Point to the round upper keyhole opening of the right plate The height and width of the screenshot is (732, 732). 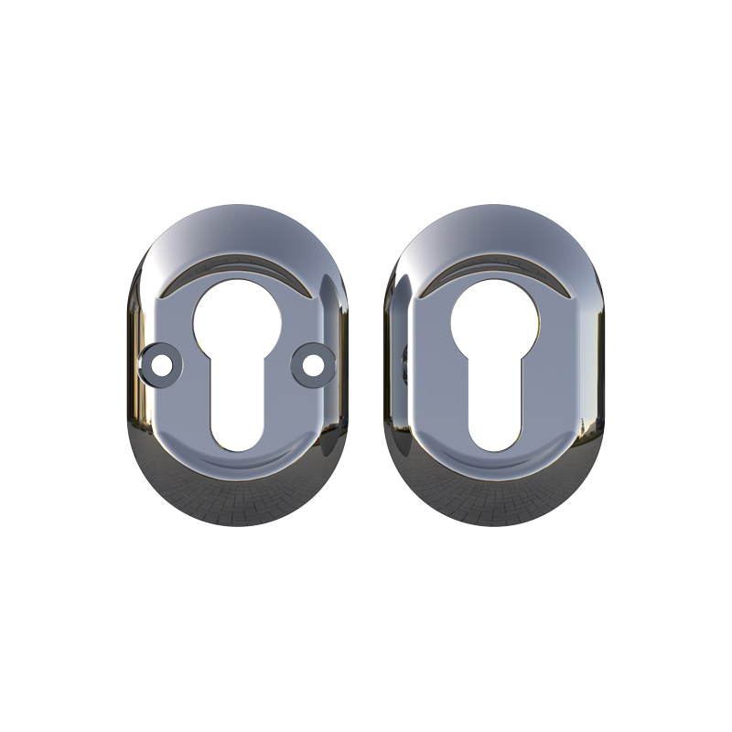495,322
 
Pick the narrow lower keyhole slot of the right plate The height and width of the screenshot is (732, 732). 495,403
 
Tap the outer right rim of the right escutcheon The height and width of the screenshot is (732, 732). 599,366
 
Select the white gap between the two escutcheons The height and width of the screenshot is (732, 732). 366,366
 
